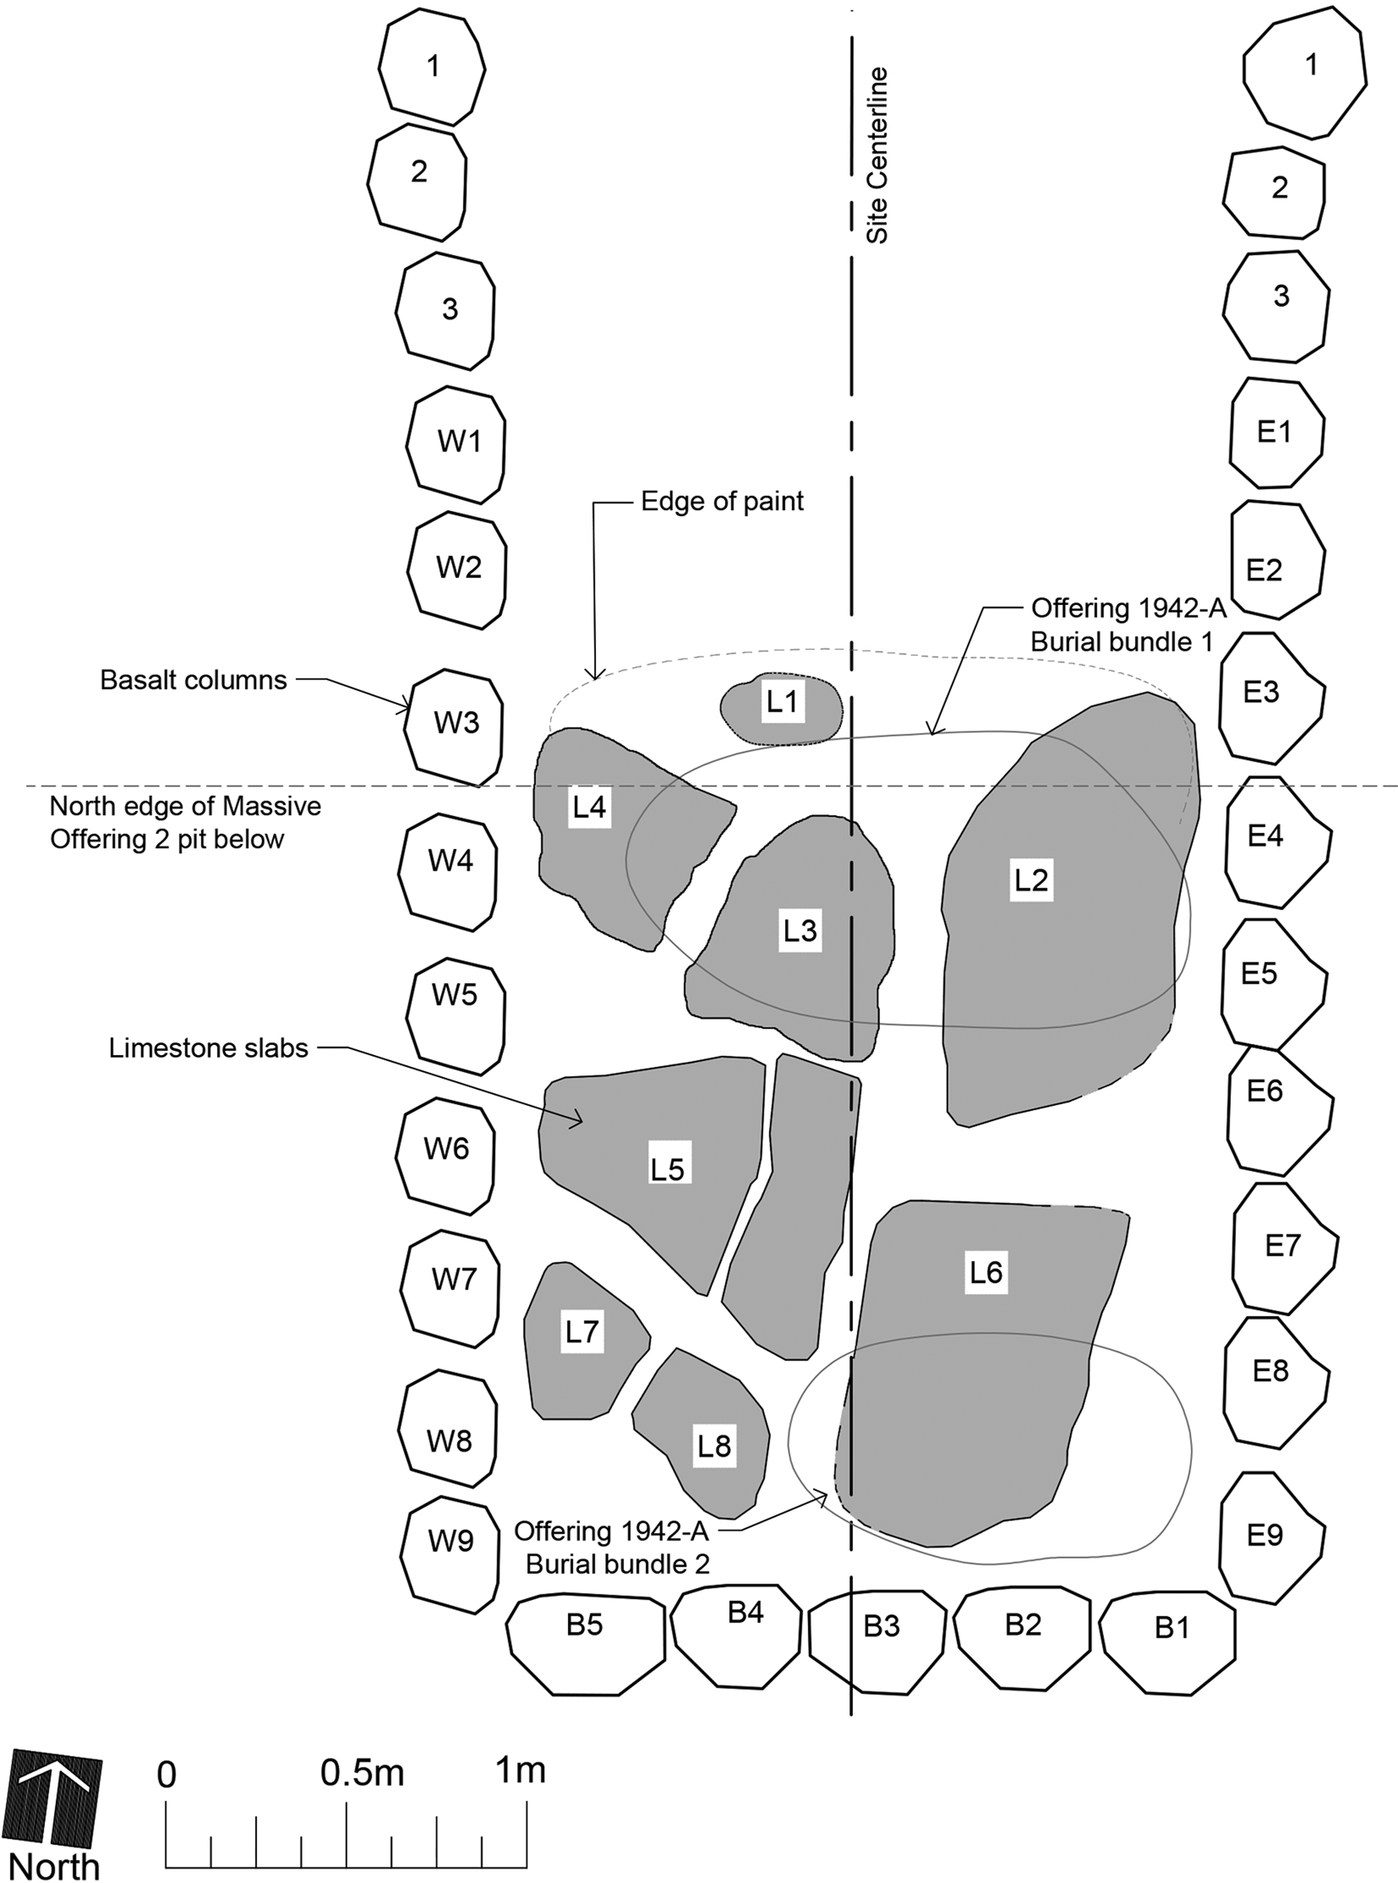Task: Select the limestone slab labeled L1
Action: click(x=781, y=709)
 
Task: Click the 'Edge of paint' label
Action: click(x=722, y=501)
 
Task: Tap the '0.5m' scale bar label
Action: click(x=363, y=1772)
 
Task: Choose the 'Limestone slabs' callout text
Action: click(x=208, y=1048)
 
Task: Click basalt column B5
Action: click(x=586, y=1645)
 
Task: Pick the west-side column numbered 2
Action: click(x=418, y=182)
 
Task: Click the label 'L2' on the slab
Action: click(x=1031, y=880)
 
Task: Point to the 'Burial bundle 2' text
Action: click(x=617, y=1564)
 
